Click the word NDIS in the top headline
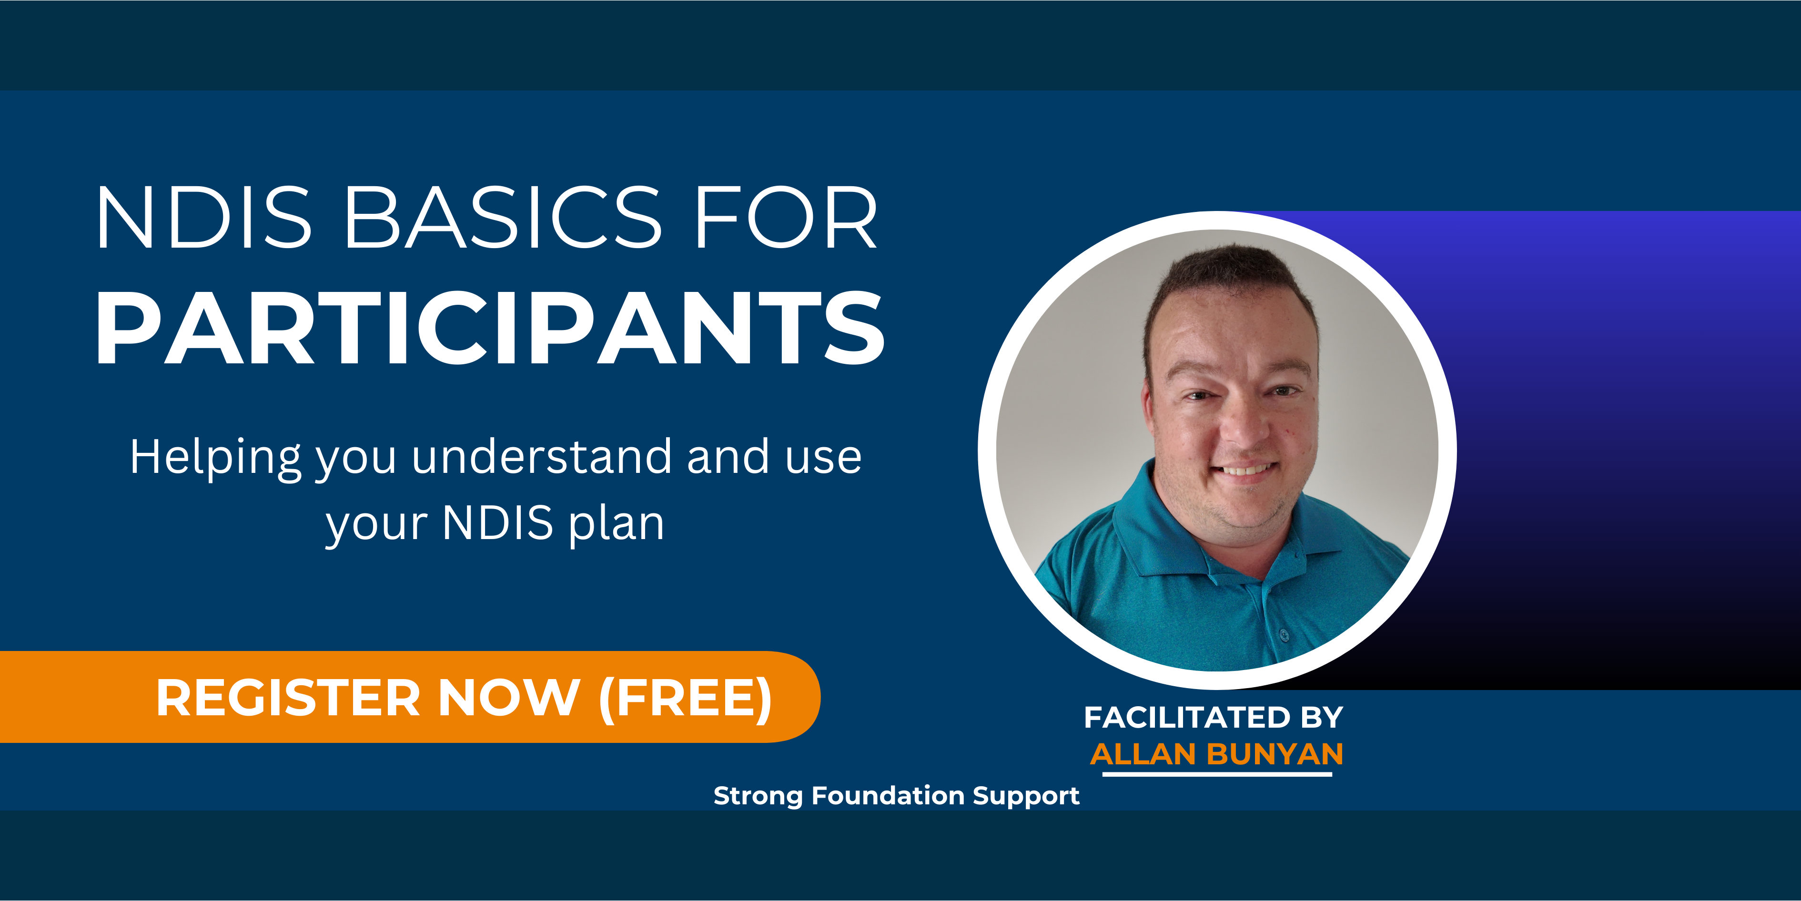coord(203,217)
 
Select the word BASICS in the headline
coord(504,217)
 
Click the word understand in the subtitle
coord(542,456)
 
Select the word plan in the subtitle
coord(616,524)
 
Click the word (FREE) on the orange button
coord(685,698)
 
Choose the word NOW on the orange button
coord(509,698)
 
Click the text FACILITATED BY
coord(1214,717)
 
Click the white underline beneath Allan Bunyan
coord(1217,774)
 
